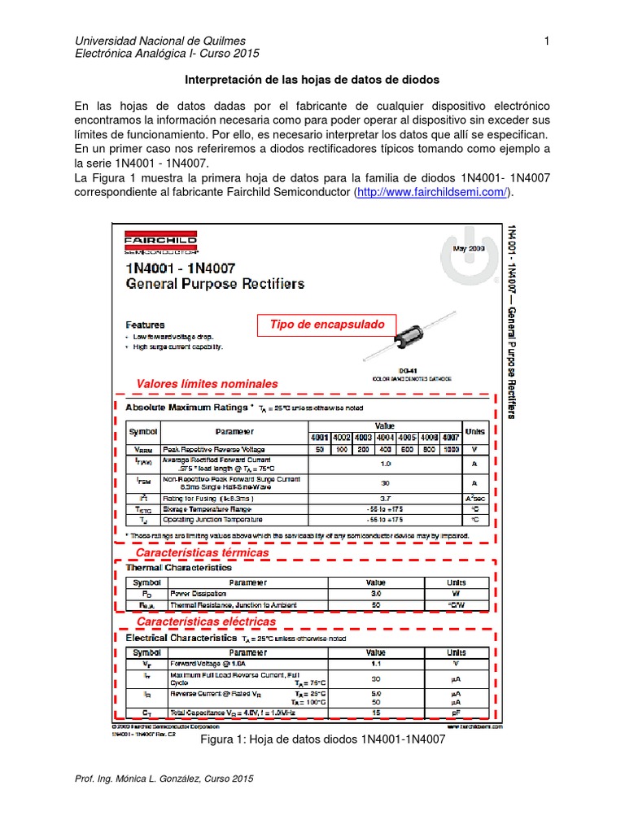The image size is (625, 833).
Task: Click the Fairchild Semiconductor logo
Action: tap(160, 246)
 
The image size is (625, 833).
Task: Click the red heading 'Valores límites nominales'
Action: tap(207, 383)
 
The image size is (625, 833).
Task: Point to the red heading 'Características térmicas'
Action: tap(202, 552)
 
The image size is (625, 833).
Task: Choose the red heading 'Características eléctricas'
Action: tap(206, 621)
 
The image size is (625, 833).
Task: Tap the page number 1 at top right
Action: tap(547, 41)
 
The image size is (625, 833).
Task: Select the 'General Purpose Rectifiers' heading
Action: tap(215, 284)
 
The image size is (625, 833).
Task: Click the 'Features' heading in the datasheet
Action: tap(145, 324)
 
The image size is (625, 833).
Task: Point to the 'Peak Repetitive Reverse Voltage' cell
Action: tap(213, 448)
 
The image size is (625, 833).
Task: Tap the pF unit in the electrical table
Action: tap(456, 712)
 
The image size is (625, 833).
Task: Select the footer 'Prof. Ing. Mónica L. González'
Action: tap(164, 778)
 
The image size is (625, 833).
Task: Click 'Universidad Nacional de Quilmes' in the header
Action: tap(160, 41)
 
